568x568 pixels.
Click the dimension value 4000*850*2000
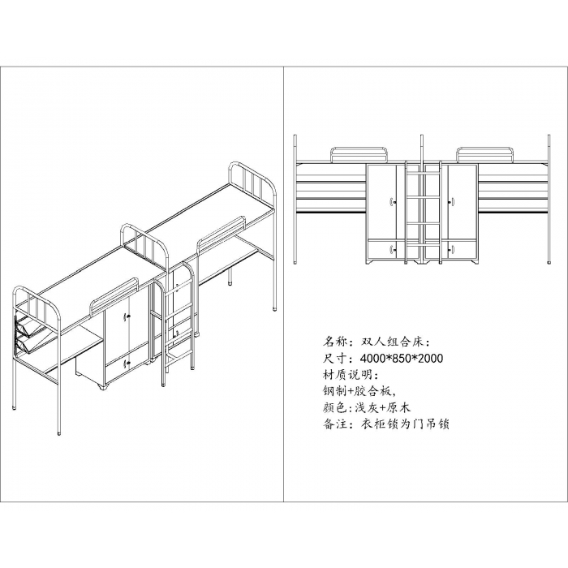(x=402, y=359)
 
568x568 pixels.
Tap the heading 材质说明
(x=347, y=374)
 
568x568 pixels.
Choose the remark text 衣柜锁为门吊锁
(x=405, y=424)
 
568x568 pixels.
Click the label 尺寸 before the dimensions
(x=334, y=359)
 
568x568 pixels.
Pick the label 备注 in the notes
(x=334, y=424)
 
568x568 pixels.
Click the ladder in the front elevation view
(x=423, y=211)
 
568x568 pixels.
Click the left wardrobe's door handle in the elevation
(x=392, y=200)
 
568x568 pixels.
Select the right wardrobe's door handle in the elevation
(x=453, y=200)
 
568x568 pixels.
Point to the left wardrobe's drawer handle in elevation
(x=392, y=249)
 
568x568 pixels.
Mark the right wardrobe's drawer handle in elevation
(x=453, y=249)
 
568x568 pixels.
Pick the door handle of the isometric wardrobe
(x=127, y=316)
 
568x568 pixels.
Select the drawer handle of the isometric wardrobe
(x=127, y=364)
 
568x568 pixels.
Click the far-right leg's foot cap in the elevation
(x=549, y=261)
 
